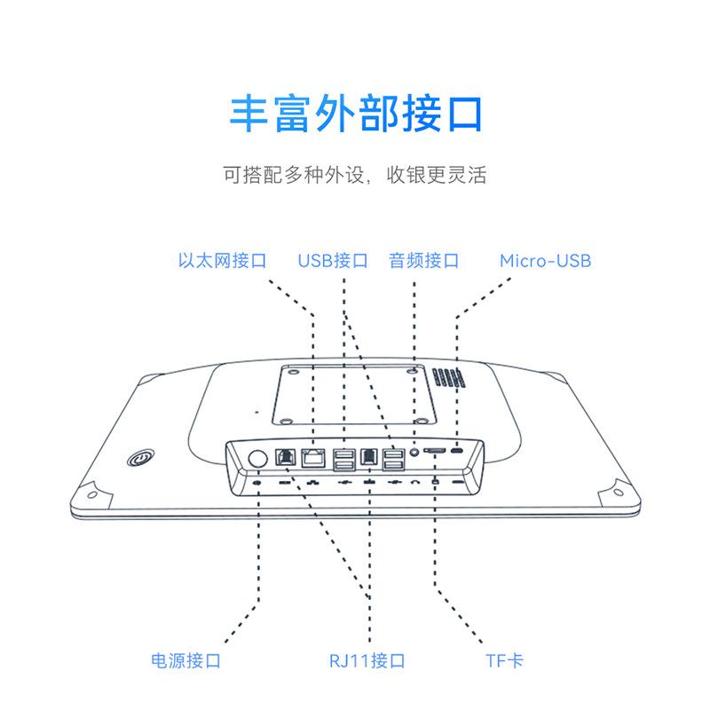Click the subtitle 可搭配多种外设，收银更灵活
(355, 174)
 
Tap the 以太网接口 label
(222, 261)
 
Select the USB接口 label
(333, 261)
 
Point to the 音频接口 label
(423, 261)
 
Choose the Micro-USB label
(545, 261)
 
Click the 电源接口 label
(185, 660)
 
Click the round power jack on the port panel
(257, 458)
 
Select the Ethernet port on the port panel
(313, 458)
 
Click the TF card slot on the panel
(436, 453)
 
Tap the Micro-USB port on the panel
(458, 452)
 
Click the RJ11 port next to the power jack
(287, 458)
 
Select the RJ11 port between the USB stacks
(368, 458)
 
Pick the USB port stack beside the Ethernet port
(343, 458)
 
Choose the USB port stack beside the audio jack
(393, 458)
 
